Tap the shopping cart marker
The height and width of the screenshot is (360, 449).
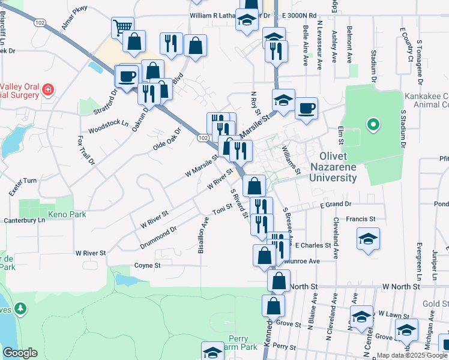pos(122,28)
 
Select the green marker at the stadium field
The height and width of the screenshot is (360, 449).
pos(373,125)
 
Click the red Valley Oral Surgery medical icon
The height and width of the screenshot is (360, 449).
pos(47,91)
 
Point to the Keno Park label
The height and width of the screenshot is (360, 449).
pos(68,214)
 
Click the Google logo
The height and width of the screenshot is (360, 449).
pos(20,353)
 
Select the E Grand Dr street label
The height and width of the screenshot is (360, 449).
pos(336,205)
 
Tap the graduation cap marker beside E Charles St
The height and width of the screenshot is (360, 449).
pos(368,238)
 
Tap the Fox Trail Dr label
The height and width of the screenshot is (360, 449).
pos(86,150)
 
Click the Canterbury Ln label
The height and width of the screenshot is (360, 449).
pos(25,220)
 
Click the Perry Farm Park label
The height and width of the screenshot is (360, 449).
pos(243,343)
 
